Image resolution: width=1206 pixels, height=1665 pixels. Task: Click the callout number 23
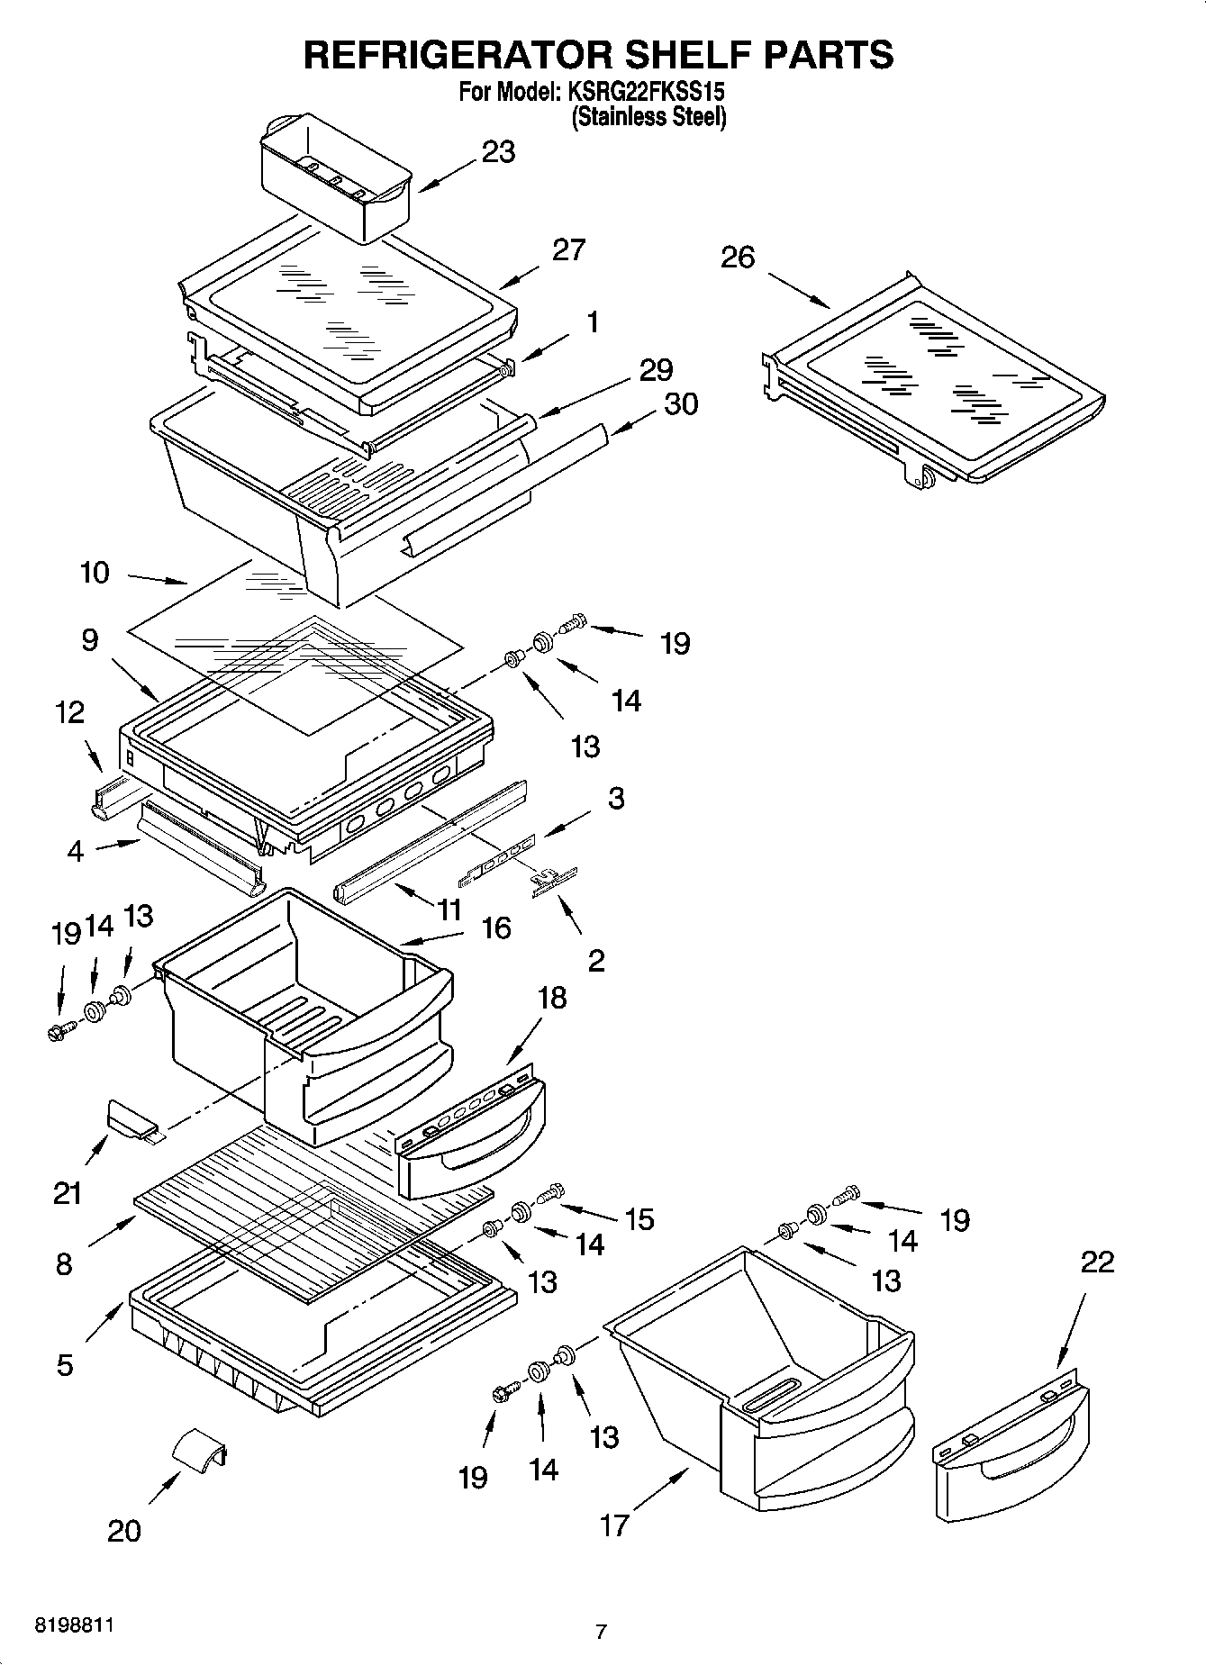pos(498,152)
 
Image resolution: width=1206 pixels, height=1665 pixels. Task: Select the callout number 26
pos(737,258)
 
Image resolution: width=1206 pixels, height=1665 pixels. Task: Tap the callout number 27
pos(568,250)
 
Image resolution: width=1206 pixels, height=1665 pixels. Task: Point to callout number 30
pos(681,404)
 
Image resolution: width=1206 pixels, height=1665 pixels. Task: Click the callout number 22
pos(1097,1262)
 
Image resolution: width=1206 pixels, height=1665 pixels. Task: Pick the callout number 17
pos(614,1525)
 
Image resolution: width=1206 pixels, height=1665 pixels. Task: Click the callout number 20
pos(124,1532)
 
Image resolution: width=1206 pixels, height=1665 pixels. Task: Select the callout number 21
pos(68,1194)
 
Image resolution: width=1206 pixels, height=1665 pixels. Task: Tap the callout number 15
pos(639,1219)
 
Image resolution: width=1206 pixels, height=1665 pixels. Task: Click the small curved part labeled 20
pos(200,1449)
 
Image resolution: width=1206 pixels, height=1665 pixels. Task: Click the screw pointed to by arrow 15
pos(549,1194)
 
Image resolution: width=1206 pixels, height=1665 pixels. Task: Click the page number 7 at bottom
pos(601,1631)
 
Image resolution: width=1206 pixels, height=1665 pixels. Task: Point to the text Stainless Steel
pos(648,116)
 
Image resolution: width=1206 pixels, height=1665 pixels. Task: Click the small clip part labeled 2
pos(553,880)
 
